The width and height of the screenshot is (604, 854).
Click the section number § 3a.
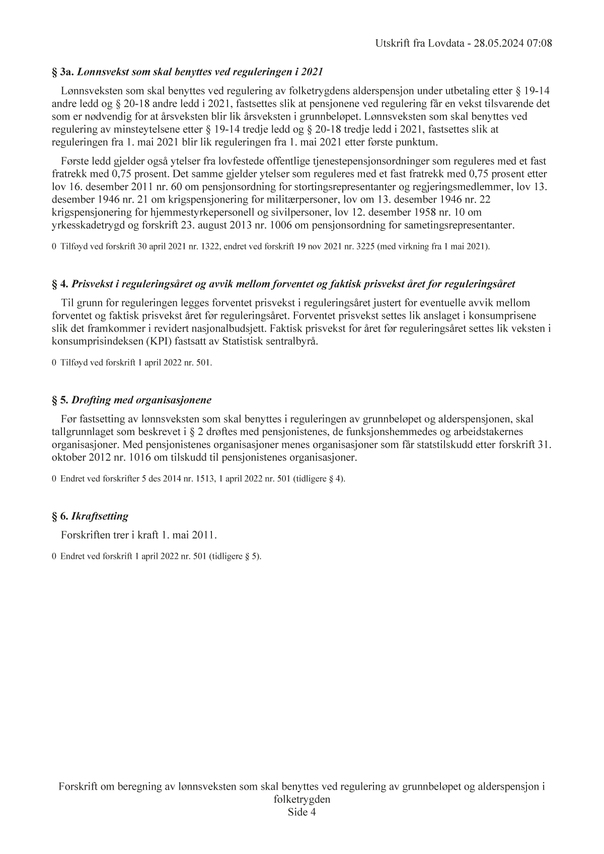point(63,72)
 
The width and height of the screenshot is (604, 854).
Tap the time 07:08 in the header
point(540,44)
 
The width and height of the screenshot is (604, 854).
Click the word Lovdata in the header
point(446,44)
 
